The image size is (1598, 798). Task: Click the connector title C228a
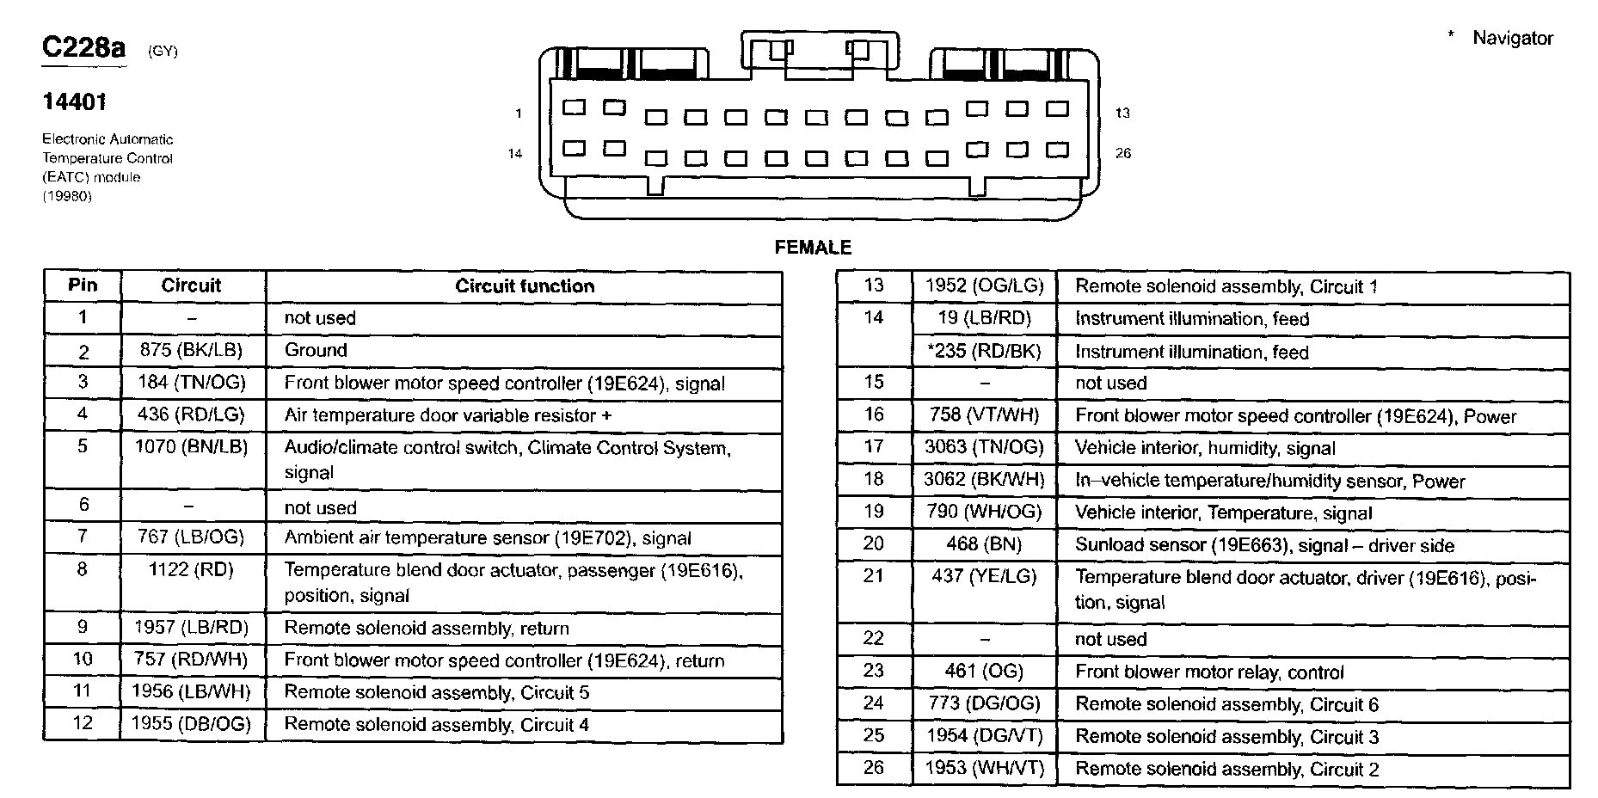click(83, 48)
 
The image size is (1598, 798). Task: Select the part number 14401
click(75, 102)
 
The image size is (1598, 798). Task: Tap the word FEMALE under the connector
click(813, 248)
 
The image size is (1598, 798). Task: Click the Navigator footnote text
click(1512, 38)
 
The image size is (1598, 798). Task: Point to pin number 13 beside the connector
click(1122, 113)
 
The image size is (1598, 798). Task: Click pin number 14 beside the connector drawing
click(514, 153)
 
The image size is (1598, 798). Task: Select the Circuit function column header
click(525, 286)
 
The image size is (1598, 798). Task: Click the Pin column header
click(83, 285)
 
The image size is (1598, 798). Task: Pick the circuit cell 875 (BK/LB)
click(191, 350)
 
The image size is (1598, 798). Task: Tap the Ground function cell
click(316, 350)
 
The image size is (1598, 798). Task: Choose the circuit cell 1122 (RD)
click(191, 569)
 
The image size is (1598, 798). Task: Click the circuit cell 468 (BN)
click(984, 544)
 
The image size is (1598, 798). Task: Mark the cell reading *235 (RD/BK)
click(984, 351)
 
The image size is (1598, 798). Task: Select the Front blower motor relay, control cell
click(1209, 672)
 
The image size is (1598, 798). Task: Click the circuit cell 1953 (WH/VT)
click(984, 768)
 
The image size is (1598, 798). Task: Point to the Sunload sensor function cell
click(1264, 545)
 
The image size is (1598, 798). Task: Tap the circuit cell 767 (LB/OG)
click(191, 537)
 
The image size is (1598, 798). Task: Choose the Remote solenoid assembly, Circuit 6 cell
click(1226, 704)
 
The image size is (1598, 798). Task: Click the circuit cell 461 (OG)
click(984, 671)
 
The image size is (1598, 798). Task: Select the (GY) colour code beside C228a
click(163, 51)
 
